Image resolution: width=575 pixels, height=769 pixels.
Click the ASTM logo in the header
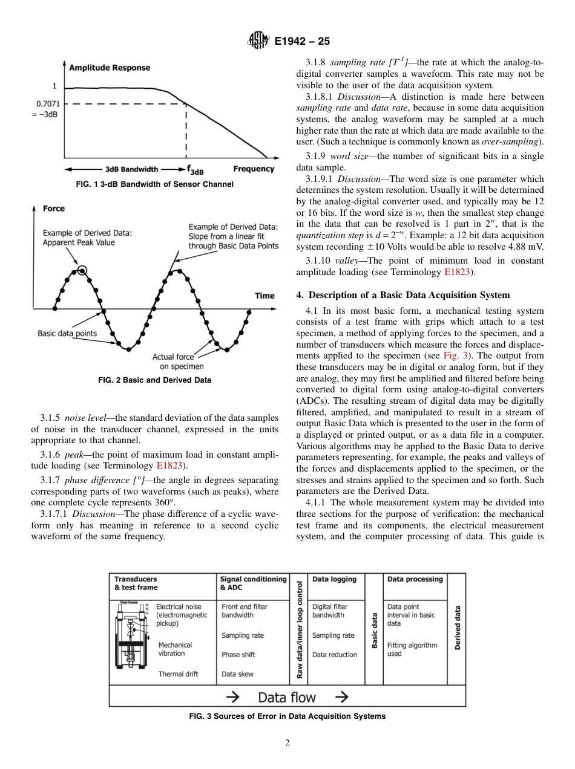point(258,41)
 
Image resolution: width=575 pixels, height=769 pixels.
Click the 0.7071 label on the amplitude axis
point(47,103)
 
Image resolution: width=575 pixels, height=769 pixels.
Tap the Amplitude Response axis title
point(110,68)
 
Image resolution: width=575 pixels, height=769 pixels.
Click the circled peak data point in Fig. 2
point(82,271)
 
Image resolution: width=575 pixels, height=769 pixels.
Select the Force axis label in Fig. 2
point(54,209)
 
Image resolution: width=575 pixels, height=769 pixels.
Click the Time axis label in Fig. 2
point(264,296)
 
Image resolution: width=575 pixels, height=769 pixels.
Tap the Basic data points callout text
point(67,333)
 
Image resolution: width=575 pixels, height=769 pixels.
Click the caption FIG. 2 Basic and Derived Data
point(154,380)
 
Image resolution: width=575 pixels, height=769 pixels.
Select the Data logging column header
point(334,579)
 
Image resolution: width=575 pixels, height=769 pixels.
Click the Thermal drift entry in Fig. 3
point(178,674)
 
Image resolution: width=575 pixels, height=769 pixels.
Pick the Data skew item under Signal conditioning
point(237,674)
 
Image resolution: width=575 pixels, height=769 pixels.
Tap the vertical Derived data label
point(458,628)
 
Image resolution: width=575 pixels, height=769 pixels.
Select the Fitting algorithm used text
point(412,649)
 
